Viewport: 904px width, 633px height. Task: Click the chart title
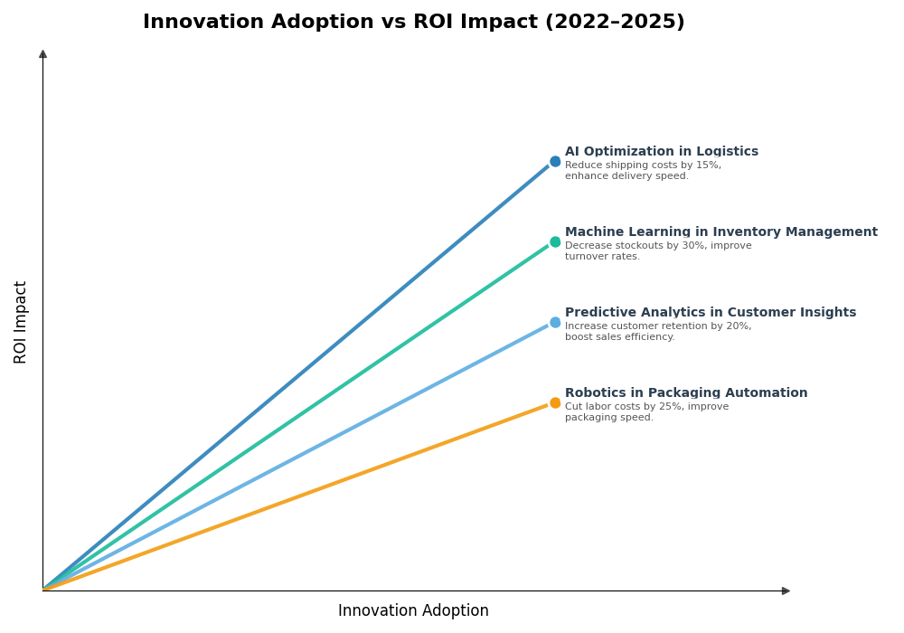[x=413, y=23]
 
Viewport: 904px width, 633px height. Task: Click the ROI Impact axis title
[x=21, y=322]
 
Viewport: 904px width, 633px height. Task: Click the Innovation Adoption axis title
[x=413, y=611]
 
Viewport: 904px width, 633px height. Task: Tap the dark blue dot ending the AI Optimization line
[x=555, y=162]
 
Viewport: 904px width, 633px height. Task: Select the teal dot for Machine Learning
[x=555, y=242]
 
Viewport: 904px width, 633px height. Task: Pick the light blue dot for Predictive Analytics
[x=555, y=323]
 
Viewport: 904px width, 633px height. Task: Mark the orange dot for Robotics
[x=555, y=403]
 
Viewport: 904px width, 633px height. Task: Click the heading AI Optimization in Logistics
[x=661, y=152]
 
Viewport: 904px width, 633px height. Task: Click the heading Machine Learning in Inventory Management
[x=720, y=232]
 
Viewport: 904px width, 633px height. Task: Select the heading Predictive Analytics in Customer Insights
[x=710, y=313]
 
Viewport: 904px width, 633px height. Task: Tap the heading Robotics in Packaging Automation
[x=685, y=393]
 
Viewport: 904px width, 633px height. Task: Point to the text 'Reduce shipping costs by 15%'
[x=643, y=165]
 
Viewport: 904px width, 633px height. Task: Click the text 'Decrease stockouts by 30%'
[x=641, y=246]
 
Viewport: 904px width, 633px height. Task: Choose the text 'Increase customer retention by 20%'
[x=657, y=326]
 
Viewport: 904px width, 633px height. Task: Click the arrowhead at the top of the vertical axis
[x=42, y=54]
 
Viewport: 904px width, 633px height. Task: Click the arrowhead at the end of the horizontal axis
[x=786, y=590]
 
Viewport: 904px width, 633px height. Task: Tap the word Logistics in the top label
[x=727, y=152]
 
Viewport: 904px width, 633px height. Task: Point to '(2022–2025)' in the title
[x=614, y=23]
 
